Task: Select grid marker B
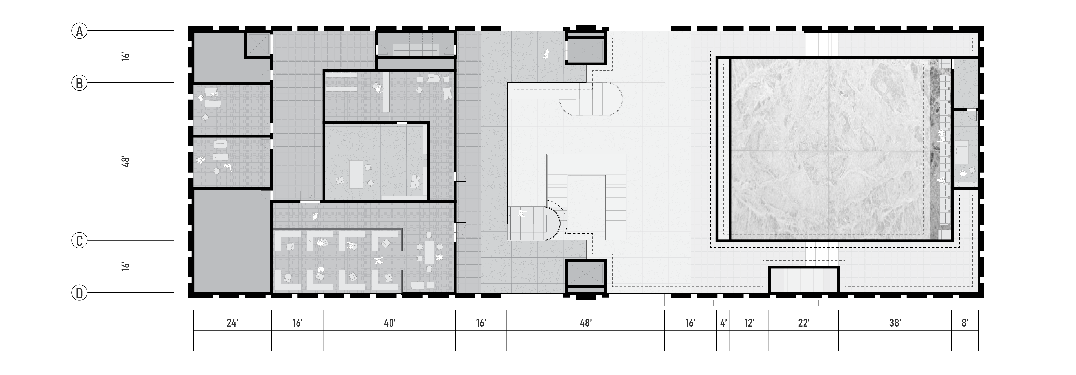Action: (79, 83)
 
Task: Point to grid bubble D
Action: (79, 293)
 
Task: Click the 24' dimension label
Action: (232, 323)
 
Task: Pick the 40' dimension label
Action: (389, 323)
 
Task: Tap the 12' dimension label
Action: (749, 323)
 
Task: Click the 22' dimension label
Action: (804, 323)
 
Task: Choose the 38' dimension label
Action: (895, 323)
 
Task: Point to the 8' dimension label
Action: (965, 323)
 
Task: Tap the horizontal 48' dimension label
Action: (586, 323)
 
